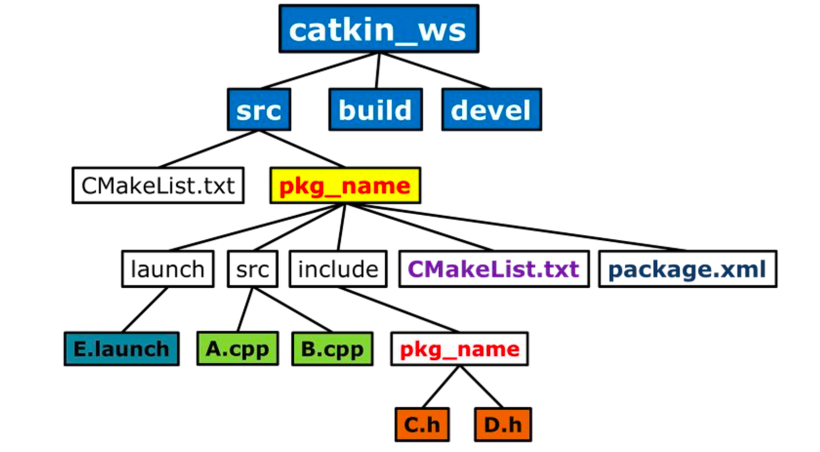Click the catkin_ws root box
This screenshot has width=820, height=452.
(379, 29)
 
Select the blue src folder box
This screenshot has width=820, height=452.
(259, 110)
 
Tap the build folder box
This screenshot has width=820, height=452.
(375, 110)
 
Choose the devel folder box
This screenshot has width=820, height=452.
(491, 110)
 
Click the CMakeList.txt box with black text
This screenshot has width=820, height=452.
(158, 186)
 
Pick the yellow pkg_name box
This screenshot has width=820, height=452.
(345, 186)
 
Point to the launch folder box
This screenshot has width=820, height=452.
(167, 269)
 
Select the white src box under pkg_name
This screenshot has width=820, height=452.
(253, 269)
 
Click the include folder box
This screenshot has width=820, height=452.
(338, 269)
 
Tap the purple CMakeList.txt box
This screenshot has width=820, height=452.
(494, 269)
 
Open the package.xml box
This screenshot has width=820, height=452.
(687, 269)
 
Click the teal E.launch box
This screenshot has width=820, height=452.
(122, 349)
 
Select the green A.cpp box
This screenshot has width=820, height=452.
(238, 349)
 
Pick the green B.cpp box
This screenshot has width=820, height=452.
(332, 349)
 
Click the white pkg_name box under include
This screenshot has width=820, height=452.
(459, 349)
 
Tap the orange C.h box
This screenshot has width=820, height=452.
(422, 425)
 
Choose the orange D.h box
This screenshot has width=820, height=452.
(503, 425)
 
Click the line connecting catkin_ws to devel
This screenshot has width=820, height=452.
(434, 71)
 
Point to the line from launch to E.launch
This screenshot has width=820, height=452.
(144, 310)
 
